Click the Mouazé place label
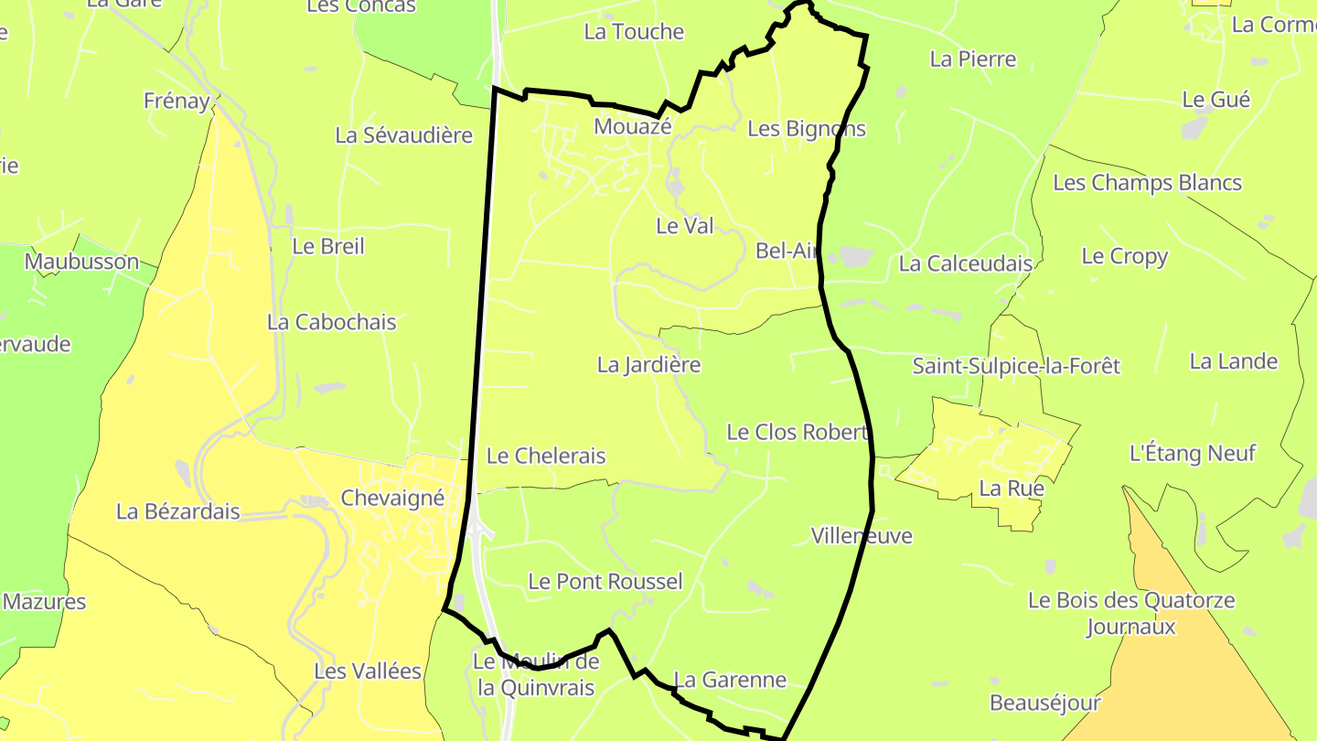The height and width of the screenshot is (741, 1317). pyautogui.click(x=633, y=126)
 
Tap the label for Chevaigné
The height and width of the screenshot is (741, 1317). pyautogui.click(x=392, y=499)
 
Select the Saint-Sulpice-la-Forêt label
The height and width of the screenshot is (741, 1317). pyautogui.click(x=1016, y=366)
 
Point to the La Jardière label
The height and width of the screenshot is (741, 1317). pyautogui.click(x=649, y=365)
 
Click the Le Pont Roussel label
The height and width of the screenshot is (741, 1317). pyautogui.click(x=605, y=581)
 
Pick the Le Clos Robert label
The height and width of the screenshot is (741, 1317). pyautogui.click(x=797, y=432)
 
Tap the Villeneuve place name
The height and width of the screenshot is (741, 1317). pyautogui.click(x=862, y=535)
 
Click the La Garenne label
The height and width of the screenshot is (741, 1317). pyautogui.click(x=730, y=680)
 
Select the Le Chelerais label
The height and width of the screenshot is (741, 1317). pyautogui.click(x=546, y=456)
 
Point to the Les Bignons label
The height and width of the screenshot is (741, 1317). pyautogui.click(x=807, y=129)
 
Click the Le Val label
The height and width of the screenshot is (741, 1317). pyautogui.click(x=685, y=226)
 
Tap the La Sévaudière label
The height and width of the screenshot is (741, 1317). pyautogui.click(x=404, y=135)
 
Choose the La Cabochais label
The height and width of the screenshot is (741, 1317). pyautogui.click(x=332, y=322)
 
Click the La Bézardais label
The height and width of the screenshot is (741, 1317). pyautogui.click(x=178, y=511)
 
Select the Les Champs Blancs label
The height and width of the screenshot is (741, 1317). pyautogui.click(x=1148, y=183)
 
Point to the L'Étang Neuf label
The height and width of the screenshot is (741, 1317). pyautogui.click(x=1194, y=453)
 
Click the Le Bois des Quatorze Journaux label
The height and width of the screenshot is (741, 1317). pyautogui.click(x=1131, y=614)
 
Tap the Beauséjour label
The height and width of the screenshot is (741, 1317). pyautogui.click(x=1045, y=703)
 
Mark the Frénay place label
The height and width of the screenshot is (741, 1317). pyautogui.click(x=177, y=101)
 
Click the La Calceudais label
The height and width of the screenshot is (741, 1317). pyautogui.click(x=966, y=263)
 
